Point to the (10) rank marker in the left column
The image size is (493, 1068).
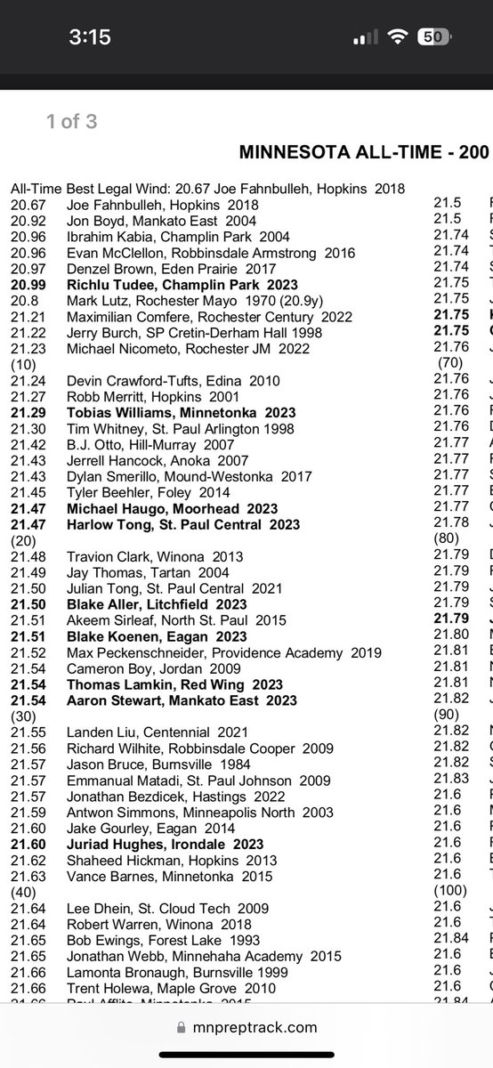click(x=23, y=364)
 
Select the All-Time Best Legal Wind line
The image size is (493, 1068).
click(x=208, y=188)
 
